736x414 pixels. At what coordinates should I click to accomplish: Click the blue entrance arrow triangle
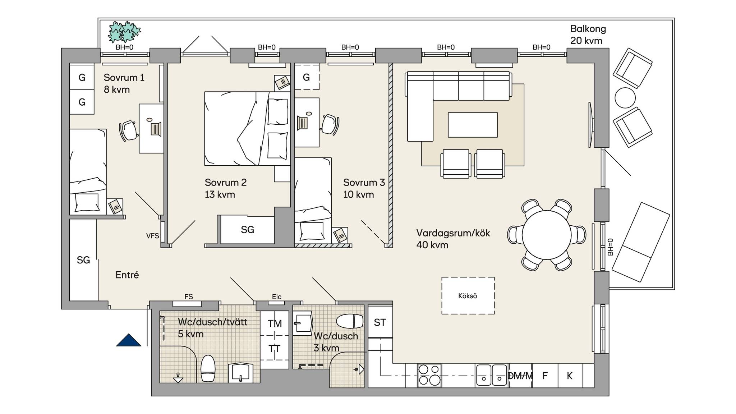129,340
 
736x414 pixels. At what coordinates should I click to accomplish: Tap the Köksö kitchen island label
468,296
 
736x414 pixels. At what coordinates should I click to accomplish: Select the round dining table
546,235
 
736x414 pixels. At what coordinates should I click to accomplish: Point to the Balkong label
588,29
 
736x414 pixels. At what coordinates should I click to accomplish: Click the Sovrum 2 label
226,183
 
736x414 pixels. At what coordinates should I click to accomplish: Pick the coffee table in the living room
473,125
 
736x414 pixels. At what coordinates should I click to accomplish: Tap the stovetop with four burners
429,376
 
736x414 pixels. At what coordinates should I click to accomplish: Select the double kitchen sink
491,375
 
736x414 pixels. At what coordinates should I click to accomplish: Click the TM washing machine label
275,323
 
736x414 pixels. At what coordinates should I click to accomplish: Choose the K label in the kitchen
570,376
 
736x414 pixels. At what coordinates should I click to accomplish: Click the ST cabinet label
380,322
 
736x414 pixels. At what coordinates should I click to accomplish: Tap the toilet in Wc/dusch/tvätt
208,368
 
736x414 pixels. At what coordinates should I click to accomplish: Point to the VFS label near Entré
152,236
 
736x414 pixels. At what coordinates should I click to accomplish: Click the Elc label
276,296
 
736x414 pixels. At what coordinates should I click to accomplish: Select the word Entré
127,275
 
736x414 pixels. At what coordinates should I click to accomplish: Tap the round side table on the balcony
625,98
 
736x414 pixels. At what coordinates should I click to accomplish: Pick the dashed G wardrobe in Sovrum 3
307,77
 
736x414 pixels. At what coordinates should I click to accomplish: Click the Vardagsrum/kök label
453,233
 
